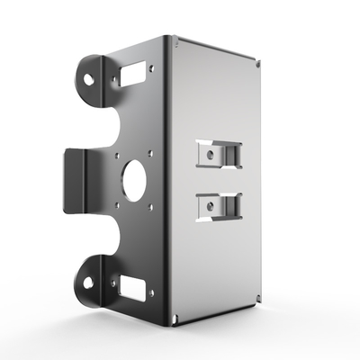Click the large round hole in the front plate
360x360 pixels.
[x=135, y=180]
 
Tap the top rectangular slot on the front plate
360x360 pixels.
[x=135, y=75]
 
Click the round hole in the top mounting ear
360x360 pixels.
[x=90, y=77]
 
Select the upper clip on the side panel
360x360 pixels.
[x=218, y=155]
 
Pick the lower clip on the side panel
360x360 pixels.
[x=218, y=207]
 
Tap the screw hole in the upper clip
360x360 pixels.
[x=210, y=154]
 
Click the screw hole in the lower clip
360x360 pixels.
[x=210, y=206]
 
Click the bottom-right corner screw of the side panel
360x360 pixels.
[x=258, y=300]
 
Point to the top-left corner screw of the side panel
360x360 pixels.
[x=175, y=40]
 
